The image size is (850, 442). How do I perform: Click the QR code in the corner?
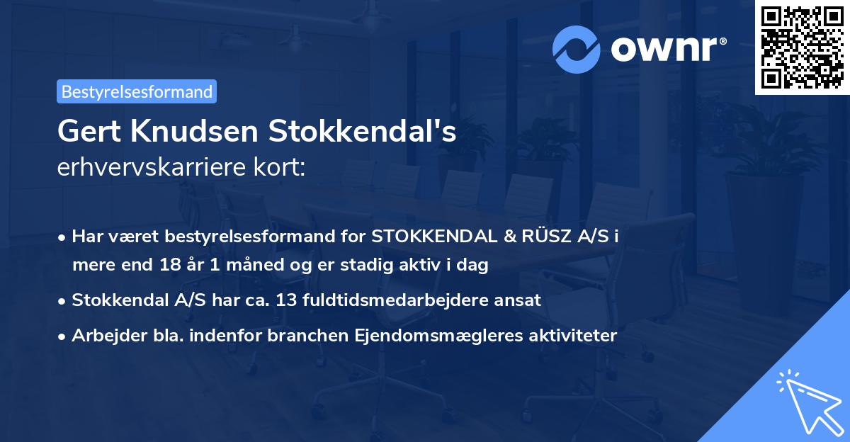[803, 47]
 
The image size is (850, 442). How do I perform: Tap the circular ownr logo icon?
[577, 49]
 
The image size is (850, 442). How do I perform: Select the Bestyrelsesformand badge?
[137, 91]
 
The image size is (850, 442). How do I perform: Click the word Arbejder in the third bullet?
[103, 335]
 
